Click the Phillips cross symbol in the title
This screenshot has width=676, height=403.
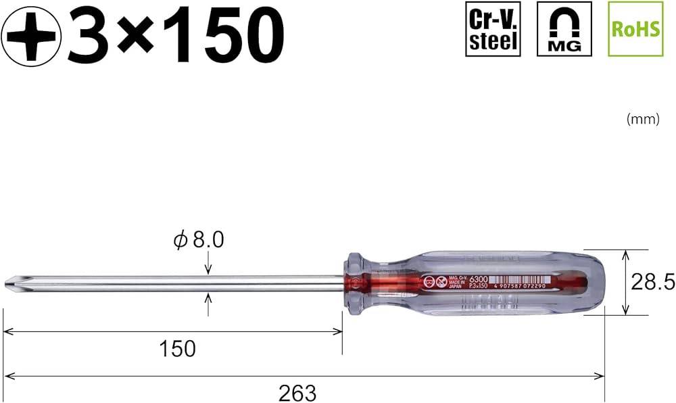click(31, 34)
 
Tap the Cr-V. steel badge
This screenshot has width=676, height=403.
click(493, 28)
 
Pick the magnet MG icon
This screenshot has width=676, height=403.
click(564, 28)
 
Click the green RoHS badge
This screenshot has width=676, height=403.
click(635, 28)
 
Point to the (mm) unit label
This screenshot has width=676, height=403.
click(642, 119)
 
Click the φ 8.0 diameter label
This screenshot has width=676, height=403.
click(199, 240)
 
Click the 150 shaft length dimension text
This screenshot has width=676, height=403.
click(177, 349)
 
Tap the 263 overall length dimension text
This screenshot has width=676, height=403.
click(297, 392)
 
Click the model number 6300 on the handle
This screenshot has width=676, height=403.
click(478, 278)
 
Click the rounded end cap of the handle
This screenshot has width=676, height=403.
click(595, 283)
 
